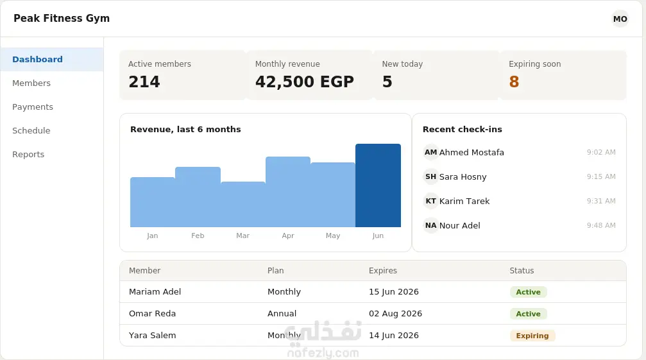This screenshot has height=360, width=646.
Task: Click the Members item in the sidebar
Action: point(31,83)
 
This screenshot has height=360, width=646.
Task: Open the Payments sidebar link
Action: point(33,107)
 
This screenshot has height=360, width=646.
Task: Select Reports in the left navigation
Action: point(28,155)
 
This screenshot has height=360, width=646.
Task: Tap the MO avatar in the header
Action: point(620,19)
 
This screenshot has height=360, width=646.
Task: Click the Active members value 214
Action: point(144,81)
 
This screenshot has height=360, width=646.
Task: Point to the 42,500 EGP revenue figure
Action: point(305,81)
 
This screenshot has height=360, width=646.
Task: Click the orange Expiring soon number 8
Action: point(514,81)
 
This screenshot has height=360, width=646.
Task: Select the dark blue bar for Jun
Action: point(378,185)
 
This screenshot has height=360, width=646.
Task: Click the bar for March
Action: point(243,204)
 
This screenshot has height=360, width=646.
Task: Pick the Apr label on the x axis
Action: point(288,236)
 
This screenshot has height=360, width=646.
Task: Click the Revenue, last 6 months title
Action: point(185,130)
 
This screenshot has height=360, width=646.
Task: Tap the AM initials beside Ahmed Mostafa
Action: point(431,152)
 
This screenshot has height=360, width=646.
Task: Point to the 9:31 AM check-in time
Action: point(601,201)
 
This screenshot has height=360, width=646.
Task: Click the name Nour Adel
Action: point(460,226)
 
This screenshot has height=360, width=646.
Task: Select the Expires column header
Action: point(383,271)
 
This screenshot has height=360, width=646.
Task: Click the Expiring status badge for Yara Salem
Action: point(532,336)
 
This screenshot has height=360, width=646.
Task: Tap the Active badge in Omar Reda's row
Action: point(528,314)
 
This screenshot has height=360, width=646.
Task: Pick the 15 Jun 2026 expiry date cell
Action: point(394,292)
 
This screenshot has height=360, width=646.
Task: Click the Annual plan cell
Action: point(282,313)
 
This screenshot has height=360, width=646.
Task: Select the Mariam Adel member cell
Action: point(155,291)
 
